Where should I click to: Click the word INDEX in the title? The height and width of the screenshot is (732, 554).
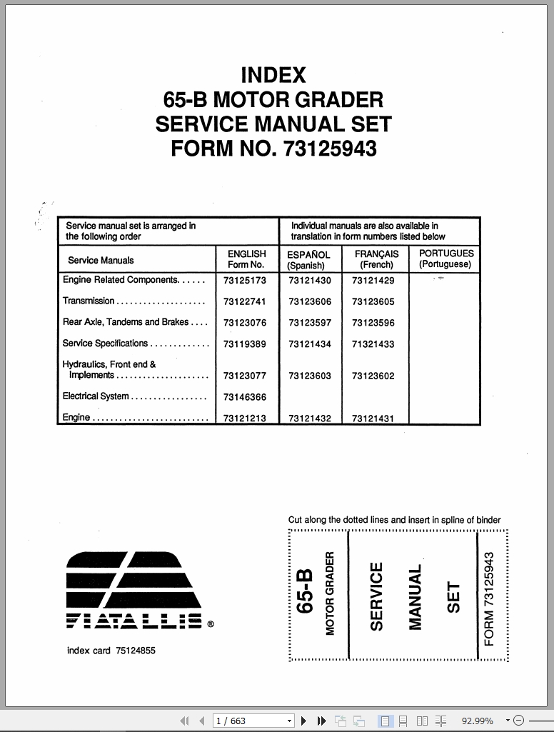pyautogui.click(x=273, y=75)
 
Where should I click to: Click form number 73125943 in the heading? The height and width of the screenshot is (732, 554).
pyautogui.click(x=330, y=149)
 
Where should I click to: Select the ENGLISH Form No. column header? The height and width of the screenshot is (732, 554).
pyautogui.click(x=246, y=259)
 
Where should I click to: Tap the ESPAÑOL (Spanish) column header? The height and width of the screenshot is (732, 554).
pyautogui.click(x=308, y=259)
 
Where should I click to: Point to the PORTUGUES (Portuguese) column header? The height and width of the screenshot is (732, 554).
pyautogui.click(x=445, y=259)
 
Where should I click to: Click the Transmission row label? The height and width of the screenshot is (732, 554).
pyautogui.click(x=89, y=301)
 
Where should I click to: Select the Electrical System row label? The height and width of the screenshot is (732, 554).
pyautogui.click(x=96, y=396)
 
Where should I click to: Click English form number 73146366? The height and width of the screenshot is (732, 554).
pyautogui.click(x=244, y=398)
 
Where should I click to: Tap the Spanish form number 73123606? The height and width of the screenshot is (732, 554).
pyautogui.click(x=310, y=302)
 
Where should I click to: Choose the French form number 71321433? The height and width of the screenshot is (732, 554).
pyautogui.click(x=373, y=344)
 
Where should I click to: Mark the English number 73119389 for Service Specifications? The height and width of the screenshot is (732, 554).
pyautogui.click(x=244, y=344)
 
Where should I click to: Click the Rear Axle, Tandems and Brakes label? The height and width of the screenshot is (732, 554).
pyautogui.click(x=126, y=322)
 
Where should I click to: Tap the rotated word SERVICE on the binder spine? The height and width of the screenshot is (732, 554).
pyautogui.click(x=377, y=596)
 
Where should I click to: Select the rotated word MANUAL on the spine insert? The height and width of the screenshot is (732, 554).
pyautogui.click(x=415, y=598)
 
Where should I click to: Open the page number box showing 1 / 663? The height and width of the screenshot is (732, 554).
pyautogui.click(x=249, y=721)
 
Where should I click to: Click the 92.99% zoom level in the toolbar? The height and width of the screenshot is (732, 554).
pyautogui.click(x=477, y=721)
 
